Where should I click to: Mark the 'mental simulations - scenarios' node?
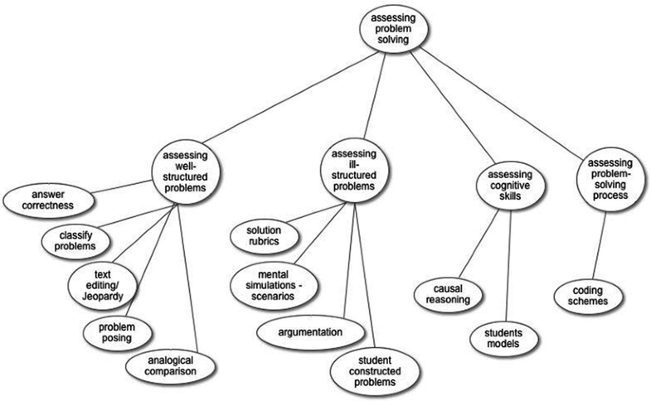pos(278,284)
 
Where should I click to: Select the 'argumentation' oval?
pos(309,332)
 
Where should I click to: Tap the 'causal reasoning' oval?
pos(449,293)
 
